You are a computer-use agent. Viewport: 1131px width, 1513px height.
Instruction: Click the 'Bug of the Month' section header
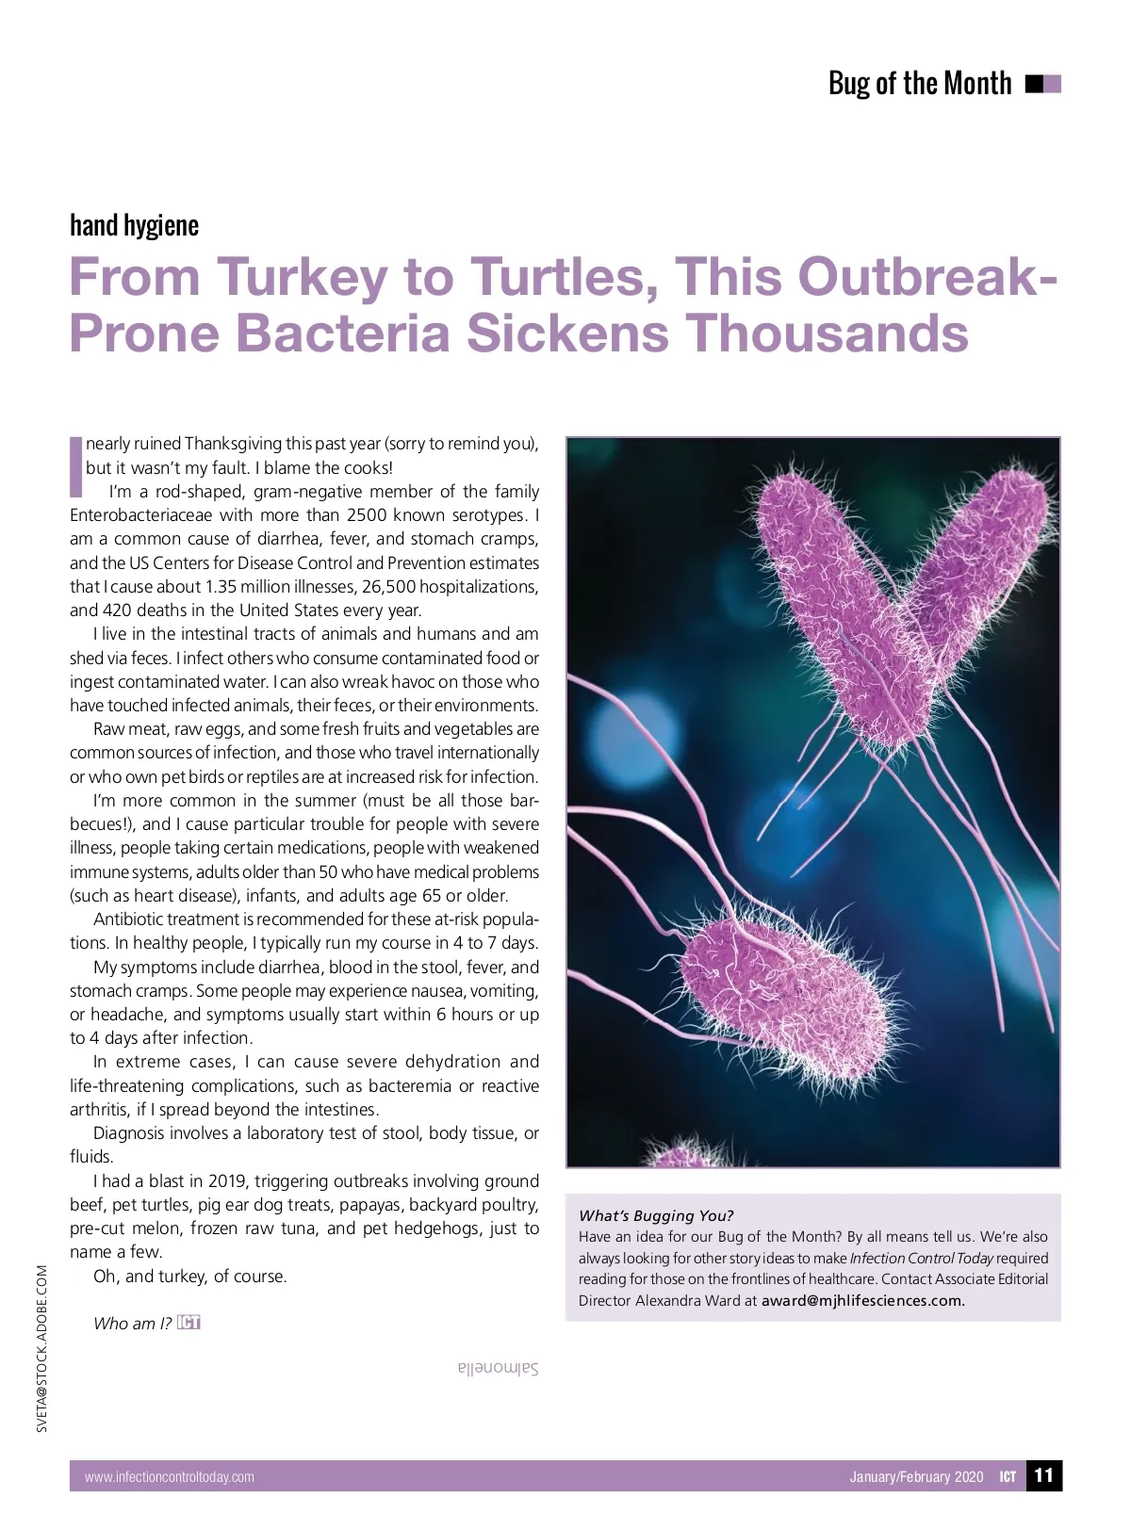919,84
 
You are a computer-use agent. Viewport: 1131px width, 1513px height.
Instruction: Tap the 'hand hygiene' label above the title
134,225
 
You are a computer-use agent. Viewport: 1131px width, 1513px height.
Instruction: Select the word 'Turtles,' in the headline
564,277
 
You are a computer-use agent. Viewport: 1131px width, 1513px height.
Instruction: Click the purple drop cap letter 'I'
76,466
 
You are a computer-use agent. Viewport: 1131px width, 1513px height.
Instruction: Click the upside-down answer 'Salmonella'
498,1369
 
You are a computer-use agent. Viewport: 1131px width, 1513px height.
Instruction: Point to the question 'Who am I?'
132,1324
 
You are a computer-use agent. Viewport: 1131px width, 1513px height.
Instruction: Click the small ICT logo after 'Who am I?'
188,1323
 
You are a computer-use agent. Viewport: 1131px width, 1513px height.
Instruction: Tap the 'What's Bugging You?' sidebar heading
656,1215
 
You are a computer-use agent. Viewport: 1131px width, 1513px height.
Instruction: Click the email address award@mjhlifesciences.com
863,1301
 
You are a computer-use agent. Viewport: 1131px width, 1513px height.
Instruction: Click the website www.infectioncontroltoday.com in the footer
170,1477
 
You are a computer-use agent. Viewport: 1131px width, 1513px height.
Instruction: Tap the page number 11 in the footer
1043,1475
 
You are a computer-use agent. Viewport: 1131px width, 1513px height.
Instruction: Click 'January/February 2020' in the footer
916,1477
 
